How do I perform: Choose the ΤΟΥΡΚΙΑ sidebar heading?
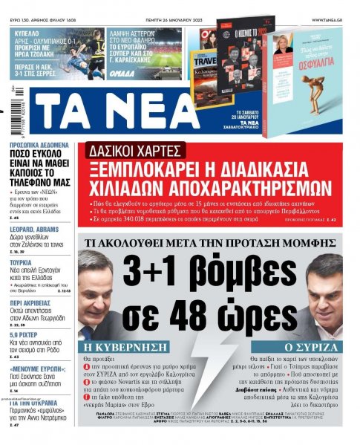coord(21,242)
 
